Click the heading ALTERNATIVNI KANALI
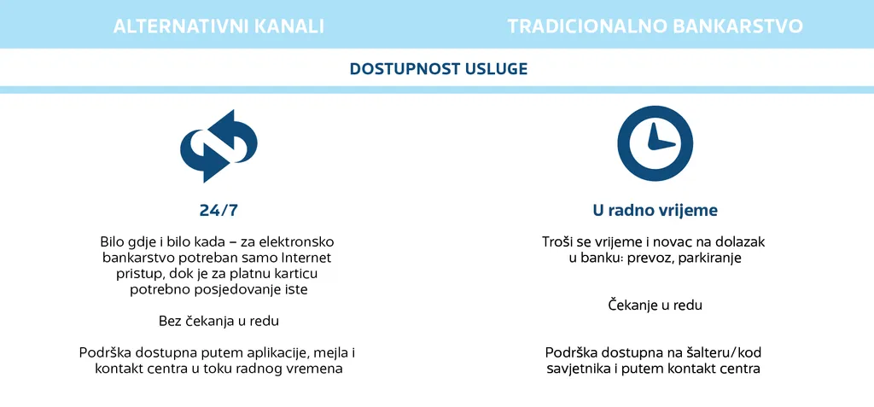pyautogui.click(x=218, y=26)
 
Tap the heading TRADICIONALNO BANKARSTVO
pyautogui.click(x=655, y=26)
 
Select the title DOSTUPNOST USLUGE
pyautogui.click(x=439, y=68)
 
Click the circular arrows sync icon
pyautogui.click(x=218, y=146)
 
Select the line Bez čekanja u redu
pyautogui.click(x=218, y=321)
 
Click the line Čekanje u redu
pyautogui.click(x=655, y=305)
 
